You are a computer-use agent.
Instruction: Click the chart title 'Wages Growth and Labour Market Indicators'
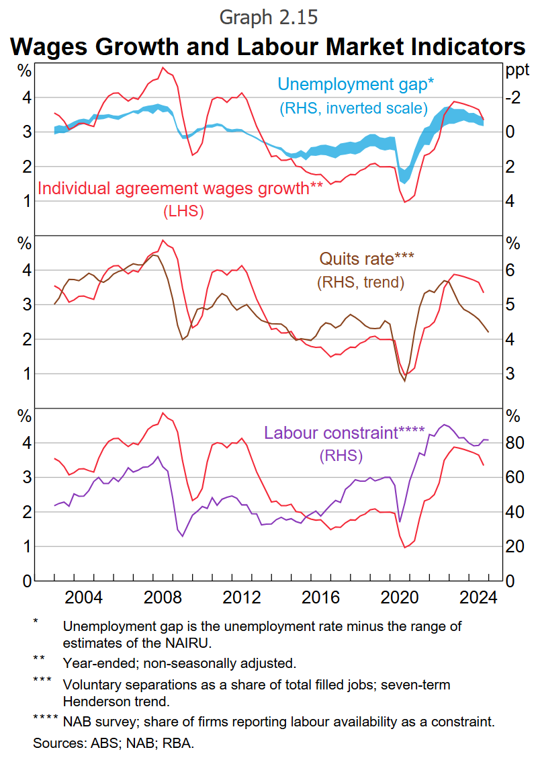coord(269,46)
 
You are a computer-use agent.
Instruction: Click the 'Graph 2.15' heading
coord(269,16)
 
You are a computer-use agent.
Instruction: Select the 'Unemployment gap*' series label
coord(356,85)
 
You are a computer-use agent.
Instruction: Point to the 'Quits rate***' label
coord(367,259)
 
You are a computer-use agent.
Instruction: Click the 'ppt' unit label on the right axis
coord(517,70)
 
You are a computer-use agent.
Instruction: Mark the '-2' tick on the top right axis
coord(513,98)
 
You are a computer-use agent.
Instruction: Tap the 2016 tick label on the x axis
coord(320,597)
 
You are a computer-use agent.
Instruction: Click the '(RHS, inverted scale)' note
coord(353,108)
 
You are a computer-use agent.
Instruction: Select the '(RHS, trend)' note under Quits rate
coord(361,282)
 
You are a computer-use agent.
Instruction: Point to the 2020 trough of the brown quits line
coord(405,381)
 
